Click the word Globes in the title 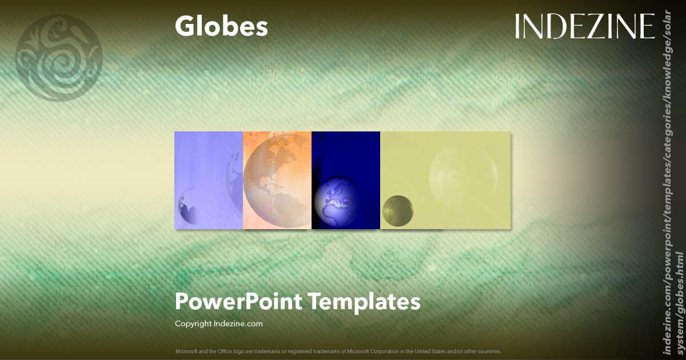click(221, 26)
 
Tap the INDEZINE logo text click(584, 26)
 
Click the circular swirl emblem click(59, 58)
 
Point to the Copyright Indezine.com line click(219, 323)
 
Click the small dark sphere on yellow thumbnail click(398, 211)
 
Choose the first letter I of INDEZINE click(517, 26)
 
